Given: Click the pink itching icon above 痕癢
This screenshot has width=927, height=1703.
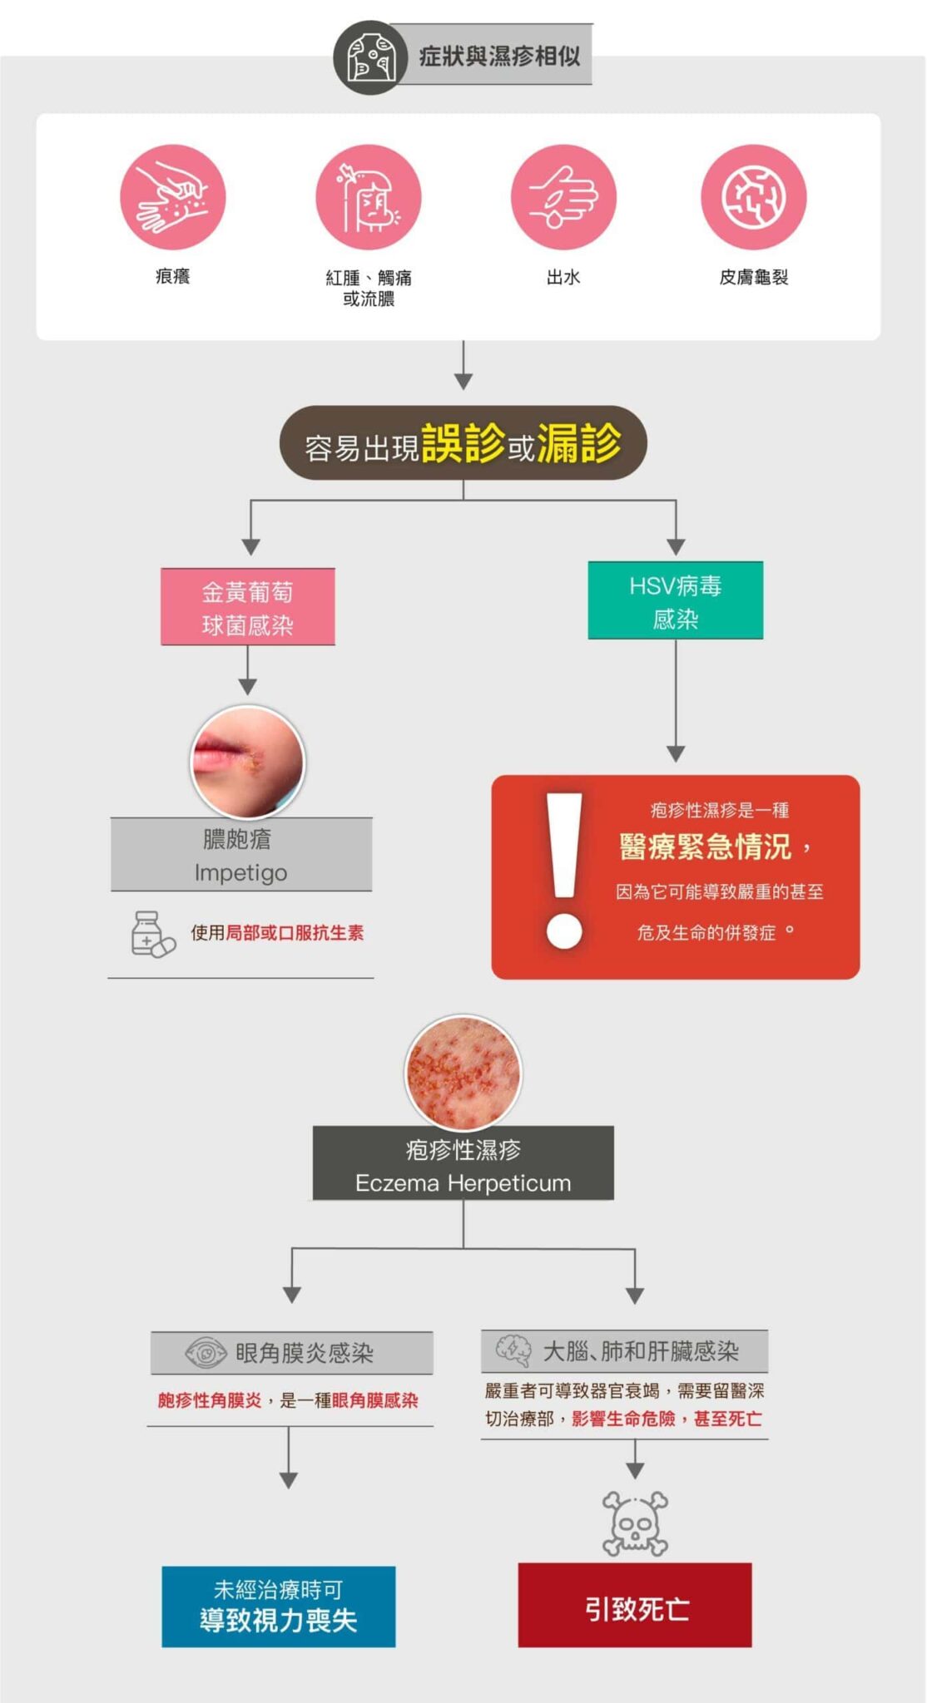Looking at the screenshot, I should [172, 197].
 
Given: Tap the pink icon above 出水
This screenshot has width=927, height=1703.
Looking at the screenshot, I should [563, 197].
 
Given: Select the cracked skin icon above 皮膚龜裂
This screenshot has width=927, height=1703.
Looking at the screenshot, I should [753, 197].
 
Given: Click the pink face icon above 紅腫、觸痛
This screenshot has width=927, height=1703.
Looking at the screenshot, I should [368, 197].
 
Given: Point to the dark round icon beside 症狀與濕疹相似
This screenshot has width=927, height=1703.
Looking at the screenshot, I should [370, 57].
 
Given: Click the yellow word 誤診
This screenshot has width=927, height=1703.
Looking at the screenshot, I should [463, 443].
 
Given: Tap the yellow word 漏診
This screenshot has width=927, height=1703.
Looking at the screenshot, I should [579, 443].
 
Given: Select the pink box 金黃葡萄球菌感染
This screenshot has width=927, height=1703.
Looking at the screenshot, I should [248, 607].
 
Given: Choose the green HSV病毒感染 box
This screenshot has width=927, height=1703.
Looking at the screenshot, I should [675, 600].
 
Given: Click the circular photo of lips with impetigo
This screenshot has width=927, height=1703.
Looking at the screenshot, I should [248, 762].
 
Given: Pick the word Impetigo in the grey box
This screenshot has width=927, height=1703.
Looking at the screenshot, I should [240, 872].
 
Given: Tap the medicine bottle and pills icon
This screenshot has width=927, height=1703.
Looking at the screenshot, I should [152, 934].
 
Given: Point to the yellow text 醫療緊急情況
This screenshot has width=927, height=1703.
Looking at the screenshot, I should [705, 847].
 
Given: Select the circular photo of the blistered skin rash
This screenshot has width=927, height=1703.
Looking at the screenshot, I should [463, 1072].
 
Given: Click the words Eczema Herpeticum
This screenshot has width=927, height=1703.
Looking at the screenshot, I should [463, 1182].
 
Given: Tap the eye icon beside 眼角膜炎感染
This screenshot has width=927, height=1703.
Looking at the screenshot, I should [205, 1353].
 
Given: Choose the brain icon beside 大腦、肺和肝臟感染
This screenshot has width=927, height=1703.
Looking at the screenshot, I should [513, 1350].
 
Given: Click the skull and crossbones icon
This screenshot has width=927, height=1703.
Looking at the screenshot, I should [635, 1523].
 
